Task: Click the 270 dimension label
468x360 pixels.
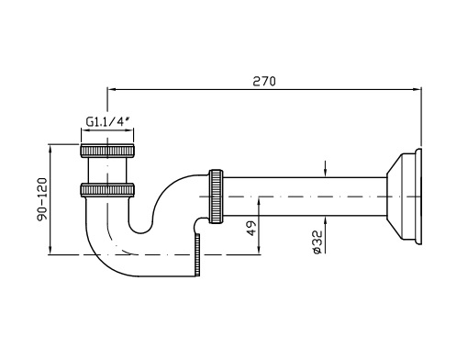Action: coord(264,81)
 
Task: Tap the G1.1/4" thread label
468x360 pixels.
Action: coord(106,122)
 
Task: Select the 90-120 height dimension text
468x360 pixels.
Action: coord(42,199)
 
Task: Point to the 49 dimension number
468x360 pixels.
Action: coord(251,228)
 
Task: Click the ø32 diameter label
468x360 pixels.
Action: coord(318,242)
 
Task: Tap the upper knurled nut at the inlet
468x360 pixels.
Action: coord(107,151)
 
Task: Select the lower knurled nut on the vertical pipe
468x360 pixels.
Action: coord(107,189)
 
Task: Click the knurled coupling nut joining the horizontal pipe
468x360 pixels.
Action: coord(216,197)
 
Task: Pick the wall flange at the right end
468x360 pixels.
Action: coord(404,197)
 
